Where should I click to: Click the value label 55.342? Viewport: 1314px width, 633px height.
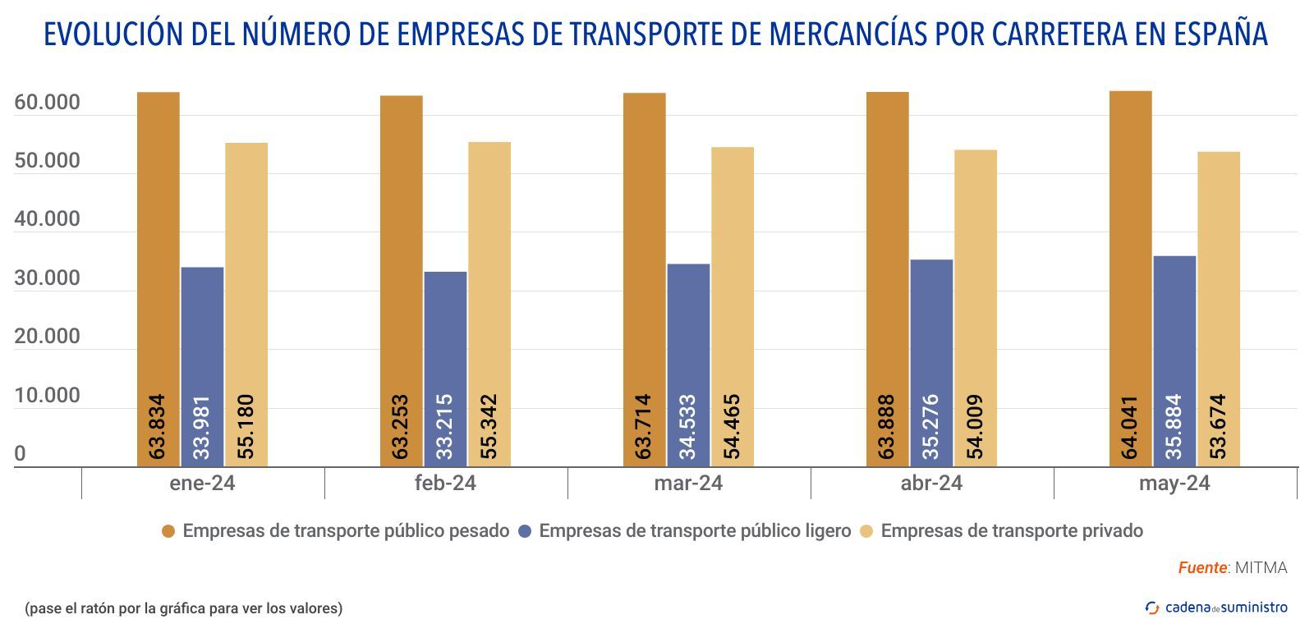(x=489, y=427)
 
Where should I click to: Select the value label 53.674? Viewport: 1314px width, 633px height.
(x=1219, y=427)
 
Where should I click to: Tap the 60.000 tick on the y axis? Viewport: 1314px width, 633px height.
(x=48, y=103)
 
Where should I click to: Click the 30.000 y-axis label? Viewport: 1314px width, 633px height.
(x=48, y=278)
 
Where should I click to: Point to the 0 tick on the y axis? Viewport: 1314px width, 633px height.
(x=20, y=454)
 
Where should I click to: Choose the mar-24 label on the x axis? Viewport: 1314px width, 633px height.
(x=688, y=483)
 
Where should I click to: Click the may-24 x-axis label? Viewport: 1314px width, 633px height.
(x=1174, y=483)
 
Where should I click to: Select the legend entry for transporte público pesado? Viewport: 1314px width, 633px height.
(x=346, y=530)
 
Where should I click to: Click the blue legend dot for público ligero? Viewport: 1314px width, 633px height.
(x=526, y=531)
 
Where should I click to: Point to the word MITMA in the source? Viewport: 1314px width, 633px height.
(x=1261, y=567)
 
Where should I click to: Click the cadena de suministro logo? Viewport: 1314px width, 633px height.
(x=1216, y=608)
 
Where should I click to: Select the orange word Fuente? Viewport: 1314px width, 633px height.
(x=1202, y=567)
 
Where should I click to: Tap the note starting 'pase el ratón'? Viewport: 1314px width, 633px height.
(x=183, y=608)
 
